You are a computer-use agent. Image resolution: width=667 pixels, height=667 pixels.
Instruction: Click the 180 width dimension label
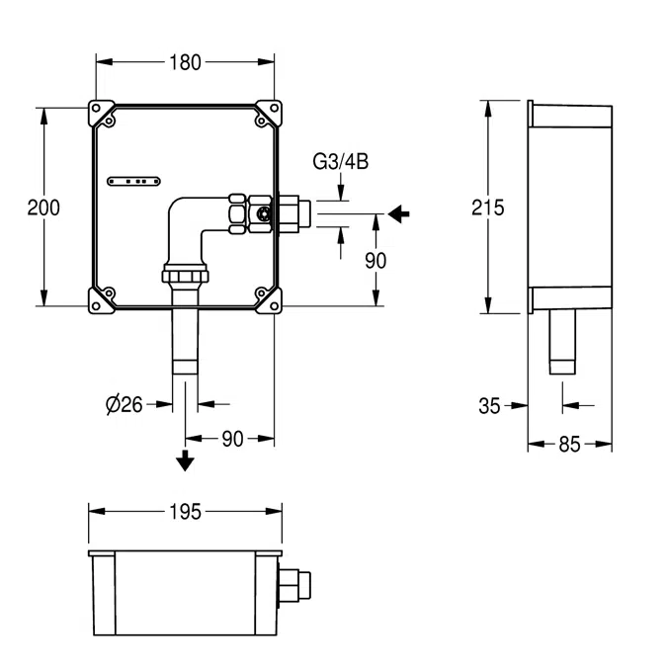[185, 62]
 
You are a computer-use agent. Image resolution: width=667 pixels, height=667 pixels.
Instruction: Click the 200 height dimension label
[43, 208]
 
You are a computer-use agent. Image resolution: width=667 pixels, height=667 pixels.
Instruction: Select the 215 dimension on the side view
[487, 208]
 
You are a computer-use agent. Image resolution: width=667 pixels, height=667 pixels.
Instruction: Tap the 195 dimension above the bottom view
[185, 511]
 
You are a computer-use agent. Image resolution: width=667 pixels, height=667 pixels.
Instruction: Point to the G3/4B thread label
[341, 162]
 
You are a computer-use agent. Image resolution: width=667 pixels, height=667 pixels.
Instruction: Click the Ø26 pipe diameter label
[124, 403]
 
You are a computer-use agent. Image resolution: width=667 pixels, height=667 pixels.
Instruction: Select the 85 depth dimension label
[569, 445]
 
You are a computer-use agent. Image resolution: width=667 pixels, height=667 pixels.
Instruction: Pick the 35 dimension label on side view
[489, 404]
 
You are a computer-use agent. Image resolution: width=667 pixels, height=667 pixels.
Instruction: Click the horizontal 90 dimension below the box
[231, 440]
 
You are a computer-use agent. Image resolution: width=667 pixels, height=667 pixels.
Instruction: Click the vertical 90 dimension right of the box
[375, 260]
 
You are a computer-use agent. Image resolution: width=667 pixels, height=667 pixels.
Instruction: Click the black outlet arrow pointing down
[185, 460]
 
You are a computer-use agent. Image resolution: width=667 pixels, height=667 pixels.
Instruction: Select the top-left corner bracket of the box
[103, 115]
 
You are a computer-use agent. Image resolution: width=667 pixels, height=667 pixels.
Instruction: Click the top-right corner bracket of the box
[267, 115]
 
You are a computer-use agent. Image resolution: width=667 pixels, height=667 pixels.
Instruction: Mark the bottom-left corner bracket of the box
[103, 298]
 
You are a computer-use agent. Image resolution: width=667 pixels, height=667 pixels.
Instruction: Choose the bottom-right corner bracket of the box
[267, 298]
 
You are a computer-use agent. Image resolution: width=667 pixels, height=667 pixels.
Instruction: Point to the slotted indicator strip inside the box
[133, 181]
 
